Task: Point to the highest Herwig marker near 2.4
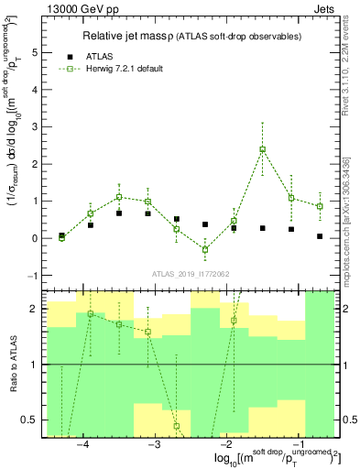263,149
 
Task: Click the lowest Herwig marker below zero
205,249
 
